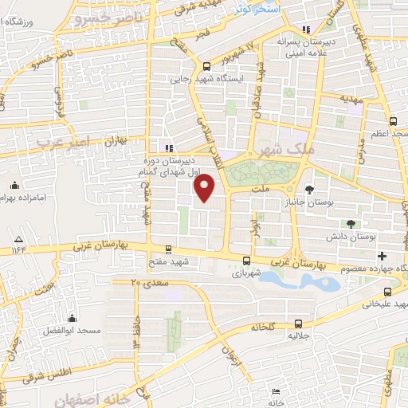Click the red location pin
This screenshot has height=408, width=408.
(205, 188)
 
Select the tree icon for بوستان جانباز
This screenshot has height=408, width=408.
(309, 189)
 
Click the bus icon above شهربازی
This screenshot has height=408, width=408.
(246, 260)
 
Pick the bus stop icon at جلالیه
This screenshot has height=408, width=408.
(299, 324)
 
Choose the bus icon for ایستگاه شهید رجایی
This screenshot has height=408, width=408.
(207, 67)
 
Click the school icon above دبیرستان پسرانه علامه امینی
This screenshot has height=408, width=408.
(307, 30)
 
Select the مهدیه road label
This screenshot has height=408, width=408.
(351, 99)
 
